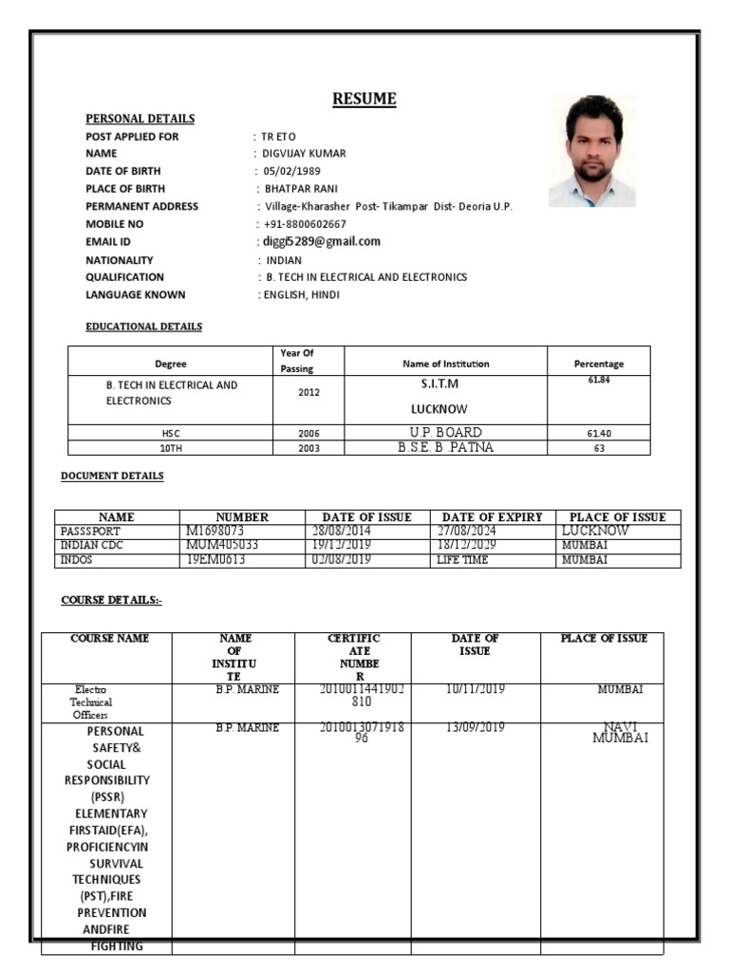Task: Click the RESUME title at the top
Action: coord(364,99)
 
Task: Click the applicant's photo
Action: coord(592,151)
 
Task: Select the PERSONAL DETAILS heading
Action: coord(140,119)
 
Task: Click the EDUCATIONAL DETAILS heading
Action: coord(143,327)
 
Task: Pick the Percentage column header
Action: coord(599,364)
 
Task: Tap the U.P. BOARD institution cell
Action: coord(445,433)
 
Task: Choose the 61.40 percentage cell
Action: coord(599,434)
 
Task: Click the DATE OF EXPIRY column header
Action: coord(492,517)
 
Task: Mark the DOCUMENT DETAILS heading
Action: coord(112,476)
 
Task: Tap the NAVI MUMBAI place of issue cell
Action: coord(619,732)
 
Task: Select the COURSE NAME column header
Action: coord(109,639)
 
